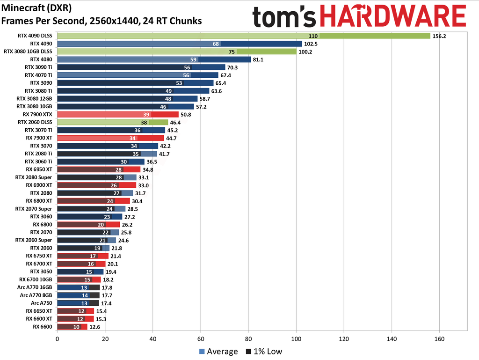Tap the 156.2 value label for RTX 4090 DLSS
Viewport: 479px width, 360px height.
440,36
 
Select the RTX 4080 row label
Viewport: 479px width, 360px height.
41,59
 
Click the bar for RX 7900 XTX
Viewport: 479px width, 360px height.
118,114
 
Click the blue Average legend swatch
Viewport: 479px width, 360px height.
202,352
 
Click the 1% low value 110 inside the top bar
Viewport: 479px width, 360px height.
313,36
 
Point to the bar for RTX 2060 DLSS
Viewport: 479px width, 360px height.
112,122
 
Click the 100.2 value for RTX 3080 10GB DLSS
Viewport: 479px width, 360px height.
306,51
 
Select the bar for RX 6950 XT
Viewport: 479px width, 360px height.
99,169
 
